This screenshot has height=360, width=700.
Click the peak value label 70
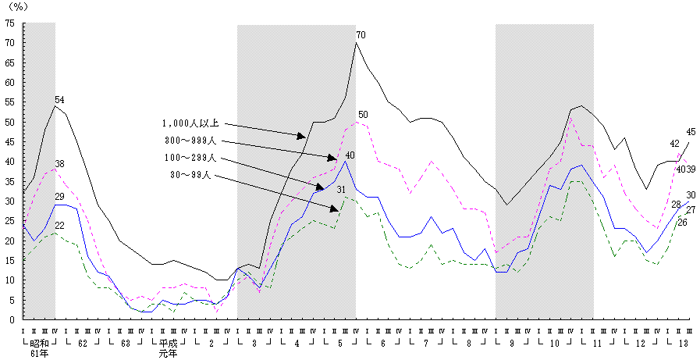[361, 35]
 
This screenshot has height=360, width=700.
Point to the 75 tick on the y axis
[9, 23]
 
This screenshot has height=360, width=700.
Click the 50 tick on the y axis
[9, 123]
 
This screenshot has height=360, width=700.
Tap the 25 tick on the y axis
[9, 221]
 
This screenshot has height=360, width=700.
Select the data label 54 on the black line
[59, 99]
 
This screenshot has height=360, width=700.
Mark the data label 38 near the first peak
[59, 163]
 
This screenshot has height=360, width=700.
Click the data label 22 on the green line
[59, 226]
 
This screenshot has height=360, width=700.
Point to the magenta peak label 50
[363, 115]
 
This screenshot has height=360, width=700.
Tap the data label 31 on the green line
[340, 190]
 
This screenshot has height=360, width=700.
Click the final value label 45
[691, 132]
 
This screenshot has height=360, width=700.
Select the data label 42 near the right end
[675, 143]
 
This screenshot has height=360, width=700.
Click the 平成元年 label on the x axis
[169, 348]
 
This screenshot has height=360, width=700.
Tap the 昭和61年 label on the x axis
[39, 348]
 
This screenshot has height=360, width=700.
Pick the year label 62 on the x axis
[81, 343]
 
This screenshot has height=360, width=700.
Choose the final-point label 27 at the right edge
[691, 209]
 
